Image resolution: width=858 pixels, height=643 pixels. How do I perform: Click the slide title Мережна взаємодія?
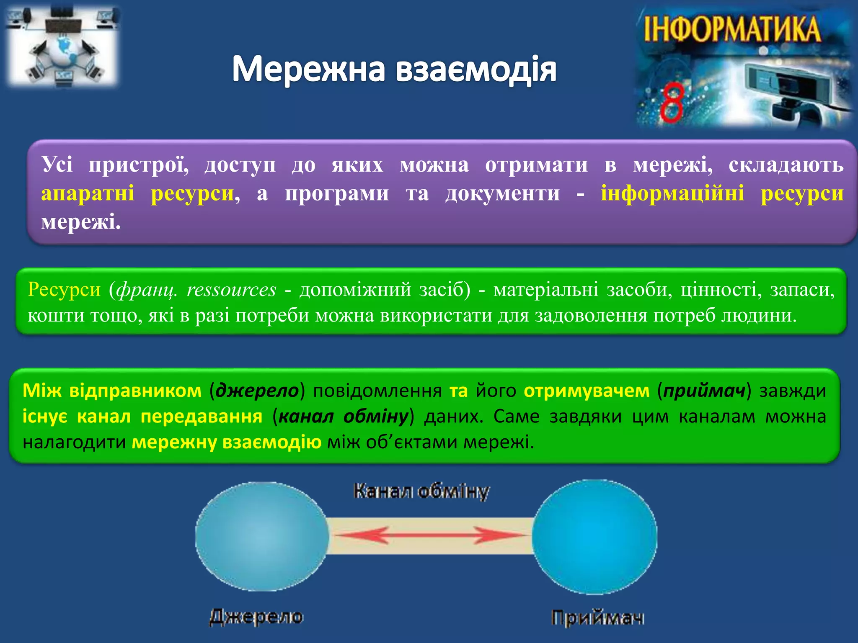coord(394,69)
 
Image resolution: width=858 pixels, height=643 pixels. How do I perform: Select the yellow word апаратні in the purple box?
coord(88,193)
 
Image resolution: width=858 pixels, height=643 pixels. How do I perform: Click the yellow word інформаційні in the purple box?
coord(672,193)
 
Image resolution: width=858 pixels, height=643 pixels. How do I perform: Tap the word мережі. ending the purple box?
coord(80,222)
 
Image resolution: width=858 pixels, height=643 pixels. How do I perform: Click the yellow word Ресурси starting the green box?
coord(64,289)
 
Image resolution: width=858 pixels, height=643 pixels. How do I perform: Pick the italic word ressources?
coord(231,289)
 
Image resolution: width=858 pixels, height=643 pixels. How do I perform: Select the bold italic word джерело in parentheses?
coord(257,391)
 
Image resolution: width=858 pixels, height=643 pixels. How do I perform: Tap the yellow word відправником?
coord(135,391)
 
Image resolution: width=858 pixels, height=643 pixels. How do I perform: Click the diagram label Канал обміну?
coord(421,491)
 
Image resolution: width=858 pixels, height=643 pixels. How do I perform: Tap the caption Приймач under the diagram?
coord(597,617)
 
